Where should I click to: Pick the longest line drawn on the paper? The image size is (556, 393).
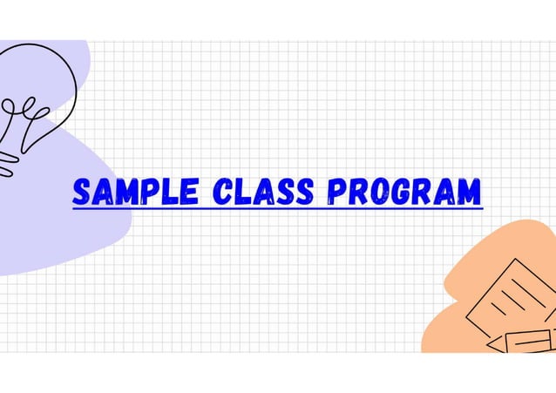tap(509, 296)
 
